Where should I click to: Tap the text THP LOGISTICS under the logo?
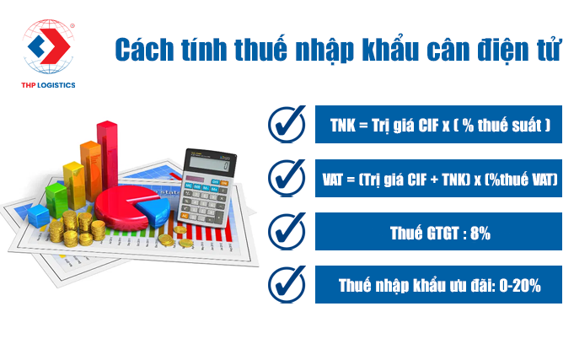[x=48, y=85]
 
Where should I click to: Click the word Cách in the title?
[x=144, y=50]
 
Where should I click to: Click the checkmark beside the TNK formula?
[x=287, y=124]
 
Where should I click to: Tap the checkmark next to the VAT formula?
[x=287, y=178]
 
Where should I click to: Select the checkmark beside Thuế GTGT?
[x=287, y=231]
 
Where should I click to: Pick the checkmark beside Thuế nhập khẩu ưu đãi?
[x=287, y=285]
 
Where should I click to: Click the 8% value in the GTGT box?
[x=480, y=234]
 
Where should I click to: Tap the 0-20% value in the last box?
[x=520, y=286]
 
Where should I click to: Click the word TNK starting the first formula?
[x=343, y=126]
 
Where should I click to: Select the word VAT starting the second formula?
[x=332, y=180]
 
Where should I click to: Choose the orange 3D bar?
[x=91, y=170]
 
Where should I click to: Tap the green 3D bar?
[x=57, y=200]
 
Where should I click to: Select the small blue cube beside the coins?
[x=39, y=216]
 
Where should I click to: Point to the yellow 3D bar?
[x=75, y=185]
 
